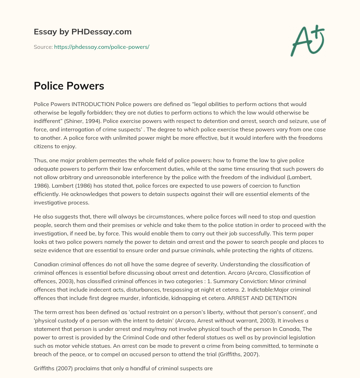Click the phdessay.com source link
pyautogui.click(x=102, y=47)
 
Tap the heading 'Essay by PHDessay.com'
pyautogui.click(x=83, y=32)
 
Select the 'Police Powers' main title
pyautogui.click(x=69, y=86)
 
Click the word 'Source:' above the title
pyautogui.click(x=43, y=47)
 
